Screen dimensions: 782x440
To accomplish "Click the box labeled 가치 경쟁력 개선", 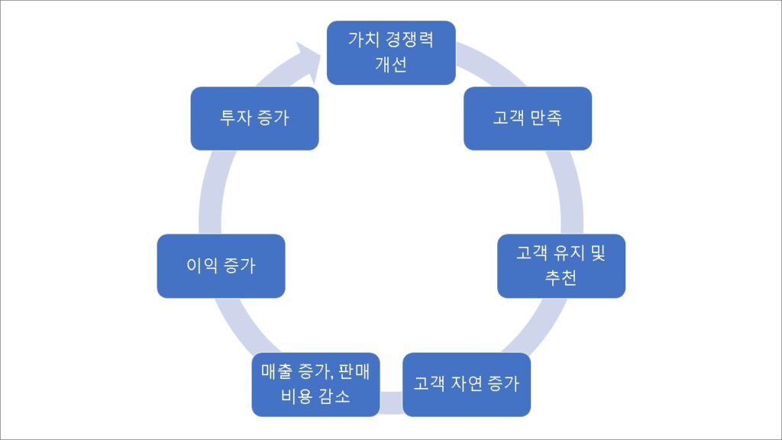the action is pyautogui.click(x=391, y=53).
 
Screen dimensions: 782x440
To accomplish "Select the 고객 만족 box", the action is pyautogui.click(x=528, y=118).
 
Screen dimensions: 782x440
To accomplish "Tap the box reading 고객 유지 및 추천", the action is pyautogui.click(x=561, y=266).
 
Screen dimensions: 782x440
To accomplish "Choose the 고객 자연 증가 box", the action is pyautogui.click(x=467, y=385).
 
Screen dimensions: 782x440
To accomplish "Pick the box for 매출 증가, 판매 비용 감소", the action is pyautogui.click(x=315, y=385).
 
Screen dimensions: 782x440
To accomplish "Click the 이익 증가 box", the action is pyautogui.click(x=221, y=266).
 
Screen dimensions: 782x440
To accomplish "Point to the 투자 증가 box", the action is pyautogui.click(x=254, y=118).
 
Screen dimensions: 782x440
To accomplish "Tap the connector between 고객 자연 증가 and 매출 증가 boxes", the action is pyautogui.click(x=391, y=403).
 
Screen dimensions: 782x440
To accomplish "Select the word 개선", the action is pyautogui.click(x=391, y=64).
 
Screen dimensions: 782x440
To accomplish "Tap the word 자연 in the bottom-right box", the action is pyautogui.click(x=467, y=383).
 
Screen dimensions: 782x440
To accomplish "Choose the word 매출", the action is pyautogui.click(x=276, y=372).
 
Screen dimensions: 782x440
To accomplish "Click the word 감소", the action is pyautogui.click(x=334, y=396).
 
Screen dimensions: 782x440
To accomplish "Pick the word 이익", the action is pyautogui.click(x=202, y=265).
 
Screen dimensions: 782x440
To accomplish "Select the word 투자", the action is pyautogui.click(x=235, y=118).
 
